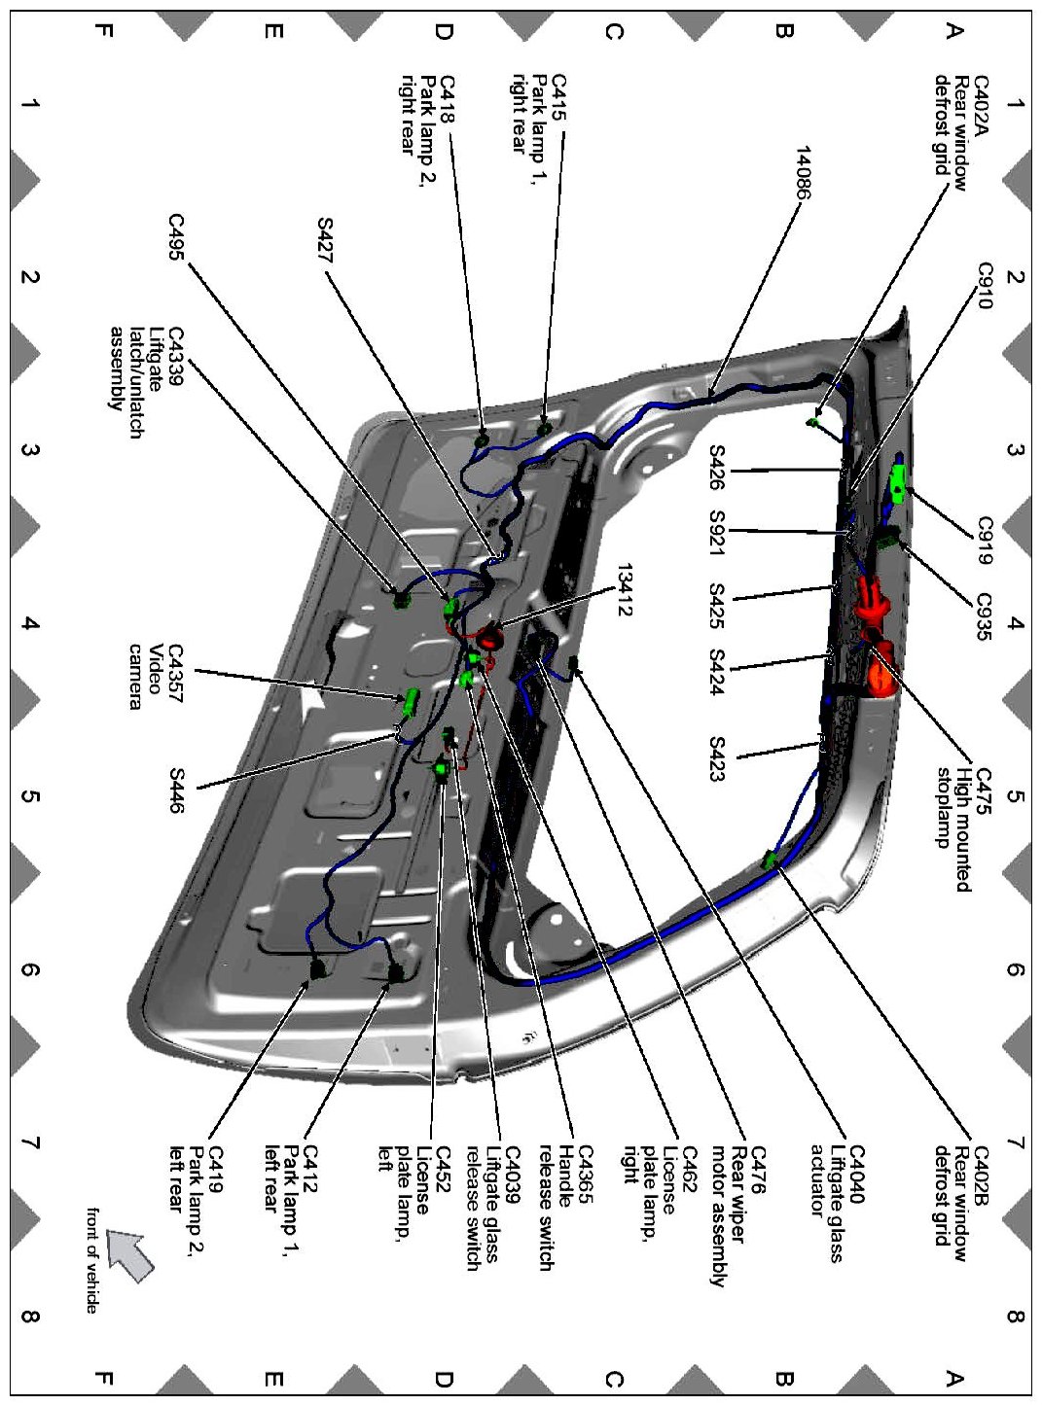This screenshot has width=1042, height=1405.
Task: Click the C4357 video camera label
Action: coord(156,677)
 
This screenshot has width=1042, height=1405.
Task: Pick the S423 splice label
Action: coord(717,759)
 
